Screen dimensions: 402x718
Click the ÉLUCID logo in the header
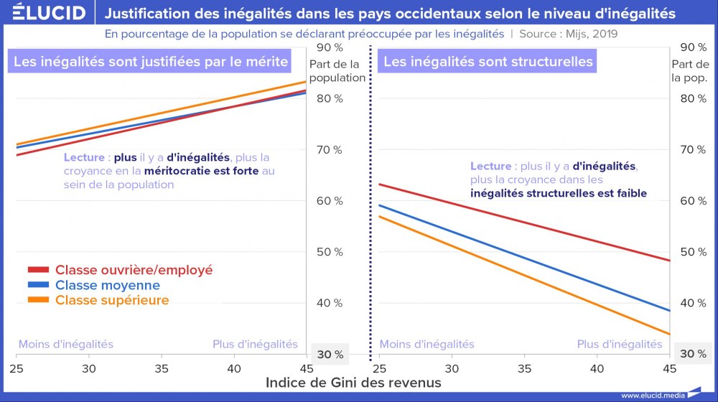click(x=45, y=13)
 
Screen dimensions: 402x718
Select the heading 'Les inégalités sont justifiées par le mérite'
click(x=151, y=62)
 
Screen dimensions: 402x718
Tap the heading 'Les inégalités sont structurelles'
click(x=488, y=62)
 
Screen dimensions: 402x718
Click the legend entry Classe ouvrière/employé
click(x=134, y=270)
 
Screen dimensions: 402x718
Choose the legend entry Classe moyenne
click(x=108, y=285)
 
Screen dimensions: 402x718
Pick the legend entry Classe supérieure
click(x=112, y=300)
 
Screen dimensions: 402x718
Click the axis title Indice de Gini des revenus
click(x=353, y=383)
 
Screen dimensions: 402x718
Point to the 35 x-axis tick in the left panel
click(x=162, y=369)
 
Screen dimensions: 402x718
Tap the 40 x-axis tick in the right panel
click(x=596, y=369)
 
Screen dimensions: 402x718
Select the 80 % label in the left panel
click(x=330, y=98)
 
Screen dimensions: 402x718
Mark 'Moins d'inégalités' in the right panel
click(x=426, y=345)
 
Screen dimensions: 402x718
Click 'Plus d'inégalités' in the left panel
click(x=255, y=345)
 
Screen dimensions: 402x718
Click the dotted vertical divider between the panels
click(x=370, y=215)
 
